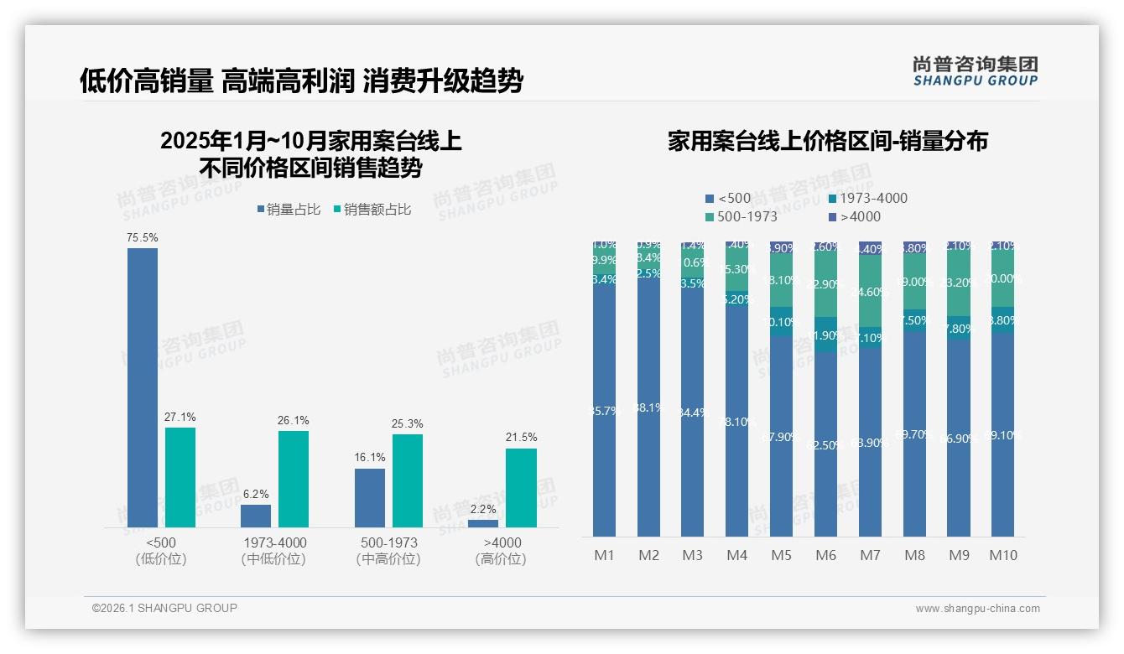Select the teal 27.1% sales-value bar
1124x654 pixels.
point(180,477)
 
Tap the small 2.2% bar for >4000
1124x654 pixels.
point(482,523)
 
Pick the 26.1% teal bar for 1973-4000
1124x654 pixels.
point(294,479)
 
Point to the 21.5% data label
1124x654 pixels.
point(522,437)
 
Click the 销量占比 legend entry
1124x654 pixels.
point(289,210)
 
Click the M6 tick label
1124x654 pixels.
point(825,555)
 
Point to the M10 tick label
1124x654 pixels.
point(1002,555)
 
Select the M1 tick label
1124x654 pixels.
point(604,555)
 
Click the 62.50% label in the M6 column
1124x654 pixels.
point(825,445)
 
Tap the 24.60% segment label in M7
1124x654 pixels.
point(870,293)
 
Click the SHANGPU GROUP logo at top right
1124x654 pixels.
point(975,71)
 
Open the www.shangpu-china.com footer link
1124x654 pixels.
point(977,609)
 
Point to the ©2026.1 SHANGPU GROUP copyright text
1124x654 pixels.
point(164,608)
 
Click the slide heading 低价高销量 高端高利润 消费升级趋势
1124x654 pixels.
point(301,81)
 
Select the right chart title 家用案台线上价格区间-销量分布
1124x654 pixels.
point(827,141)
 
